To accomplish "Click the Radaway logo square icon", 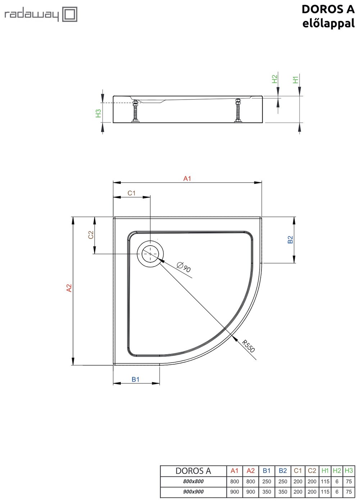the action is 69,14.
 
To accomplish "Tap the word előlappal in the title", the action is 328,24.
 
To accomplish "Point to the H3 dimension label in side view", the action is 98,113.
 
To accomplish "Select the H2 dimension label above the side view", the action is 275,79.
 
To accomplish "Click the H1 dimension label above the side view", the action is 296,80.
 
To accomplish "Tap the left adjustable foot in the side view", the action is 136,111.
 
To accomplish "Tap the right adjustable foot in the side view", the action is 238,111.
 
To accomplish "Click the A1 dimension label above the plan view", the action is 187,179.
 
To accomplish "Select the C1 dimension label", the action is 132,193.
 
